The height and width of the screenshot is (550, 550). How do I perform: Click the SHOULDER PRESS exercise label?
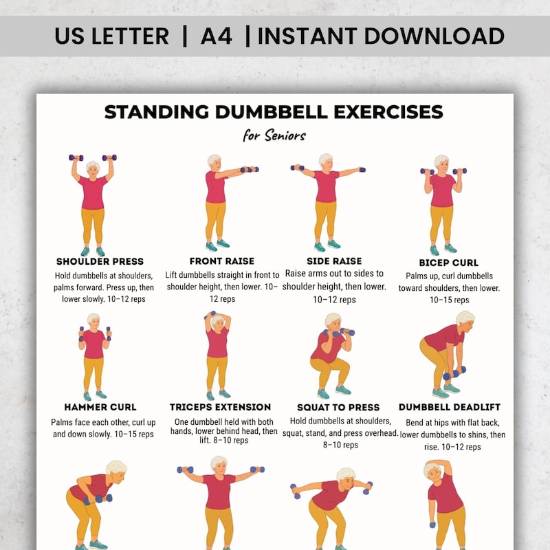click(100, 261)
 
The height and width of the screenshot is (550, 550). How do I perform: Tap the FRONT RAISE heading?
click(221, 261)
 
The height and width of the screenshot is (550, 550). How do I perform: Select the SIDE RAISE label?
click(333, 261)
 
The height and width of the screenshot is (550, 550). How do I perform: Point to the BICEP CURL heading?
click(448, 263)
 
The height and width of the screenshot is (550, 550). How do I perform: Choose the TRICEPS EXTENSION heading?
click(220, 407)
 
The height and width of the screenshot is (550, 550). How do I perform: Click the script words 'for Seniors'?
click(274, 135)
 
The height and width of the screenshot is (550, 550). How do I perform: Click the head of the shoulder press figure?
click(93, 168)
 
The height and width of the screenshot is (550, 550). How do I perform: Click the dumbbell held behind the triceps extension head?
click(217, 317)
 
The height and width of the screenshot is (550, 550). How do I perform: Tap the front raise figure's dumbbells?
click(250, 169)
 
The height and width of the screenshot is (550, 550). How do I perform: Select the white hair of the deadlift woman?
click(465, 318)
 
